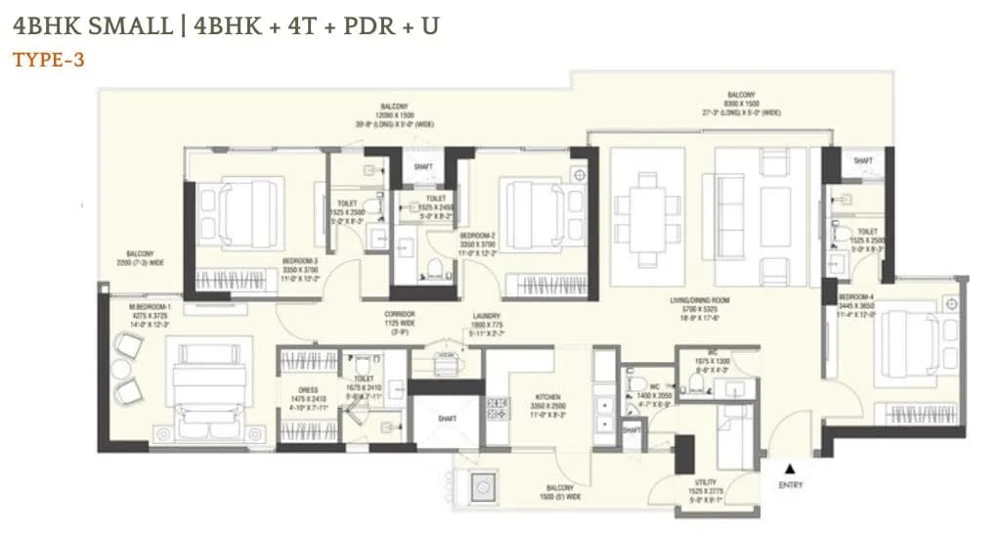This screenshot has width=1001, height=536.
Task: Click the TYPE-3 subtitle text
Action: [49, 60]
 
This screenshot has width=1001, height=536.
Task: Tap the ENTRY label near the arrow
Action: [791, 485]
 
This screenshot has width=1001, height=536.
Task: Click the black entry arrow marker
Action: [790, 469]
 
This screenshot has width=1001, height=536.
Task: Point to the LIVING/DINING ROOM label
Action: [696, 299]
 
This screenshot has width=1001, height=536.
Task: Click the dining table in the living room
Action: [645, 217]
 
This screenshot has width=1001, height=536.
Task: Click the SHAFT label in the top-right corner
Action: [862, 159]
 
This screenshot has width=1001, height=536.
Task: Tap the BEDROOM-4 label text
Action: [855, 296]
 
